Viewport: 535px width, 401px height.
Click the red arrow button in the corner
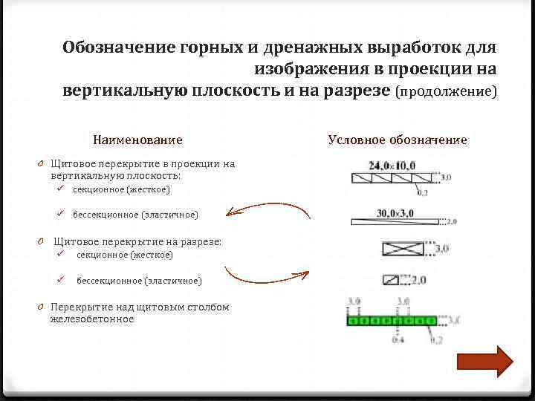pos(484,362)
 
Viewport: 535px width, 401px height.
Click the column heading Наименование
pos(137,140)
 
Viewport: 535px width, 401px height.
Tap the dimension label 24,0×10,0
pos(396,166)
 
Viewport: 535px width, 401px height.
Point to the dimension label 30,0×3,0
pos(395,213)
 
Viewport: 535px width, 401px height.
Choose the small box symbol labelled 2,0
pos(393,281)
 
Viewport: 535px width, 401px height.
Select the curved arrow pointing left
pos(267,208)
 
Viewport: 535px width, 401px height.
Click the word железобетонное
pos(92,319)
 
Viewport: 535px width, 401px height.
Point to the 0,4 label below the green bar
pos(399,340)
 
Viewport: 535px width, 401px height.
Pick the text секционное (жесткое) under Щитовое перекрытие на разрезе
pos(124,255)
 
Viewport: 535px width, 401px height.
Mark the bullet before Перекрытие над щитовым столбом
pos(44,307)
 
